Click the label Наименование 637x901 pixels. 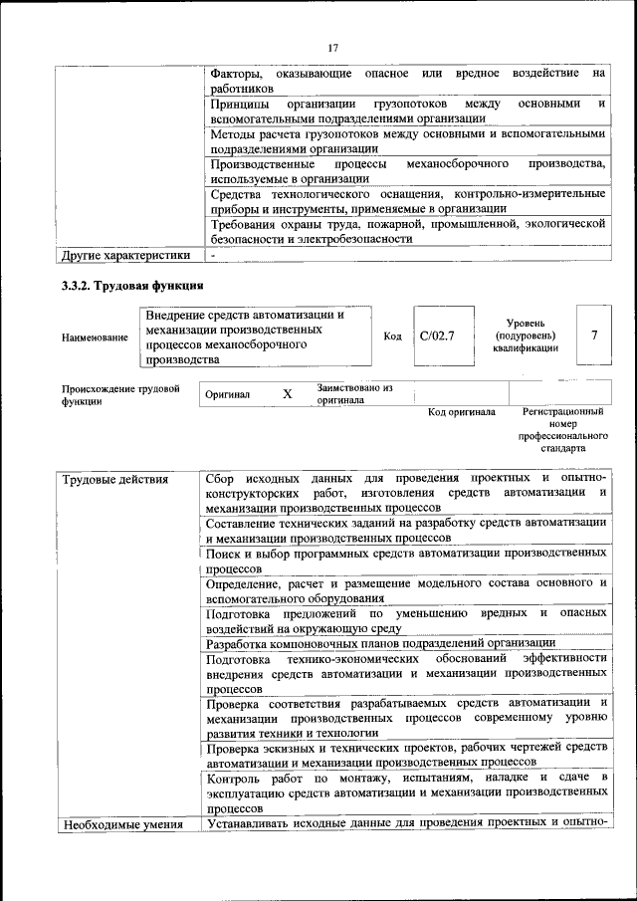(96, 338)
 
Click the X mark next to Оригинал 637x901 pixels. (287, 394)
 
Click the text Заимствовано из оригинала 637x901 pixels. (355, 393)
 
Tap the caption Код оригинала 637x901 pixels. (461, 412)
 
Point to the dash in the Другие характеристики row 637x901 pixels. (212, 255)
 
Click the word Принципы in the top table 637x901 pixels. (243, 104)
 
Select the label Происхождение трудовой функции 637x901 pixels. (120, 395)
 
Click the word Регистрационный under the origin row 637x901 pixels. (562, 412)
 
